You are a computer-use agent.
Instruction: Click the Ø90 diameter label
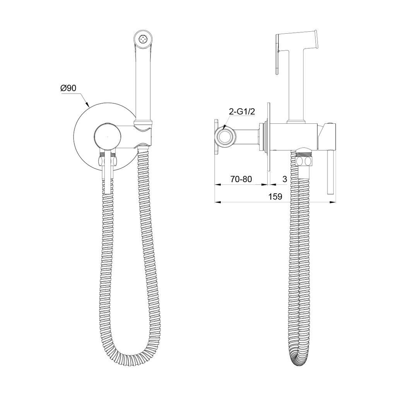pos(68,88)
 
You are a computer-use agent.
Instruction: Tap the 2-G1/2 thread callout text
pos(242,112)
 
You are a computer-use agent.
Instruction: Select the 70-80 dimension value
pos(241,179)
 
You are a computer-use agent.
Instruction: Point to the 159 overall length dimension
pos(275,196)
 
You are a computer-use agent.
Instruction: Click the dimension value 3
pos(285,179)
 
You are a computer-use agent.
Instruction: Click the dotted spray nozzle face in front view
pos(143,40)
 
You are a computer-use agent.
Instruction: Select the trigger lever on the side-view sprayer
pos(278,55)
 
